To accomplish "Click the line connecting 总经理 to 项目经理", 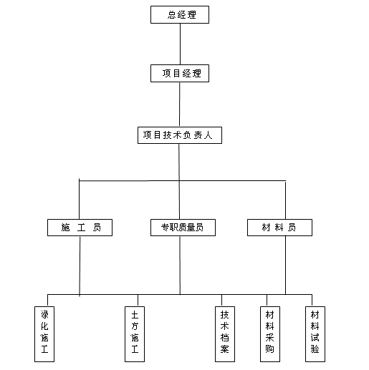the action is [180, 44].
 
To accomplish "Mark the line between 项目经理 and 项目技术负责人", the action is [180, 104].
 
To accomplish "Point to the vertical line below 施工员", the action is [80, 266].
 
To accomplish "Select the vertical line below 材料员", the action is [285, 265].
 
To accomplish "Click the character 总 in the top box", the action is [171, 15].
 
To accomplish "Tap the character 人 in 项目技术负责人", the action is [208, 135].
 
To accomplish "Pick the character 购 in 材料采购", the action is [270, 349].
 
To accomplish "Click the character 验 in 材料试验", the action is [315, 349].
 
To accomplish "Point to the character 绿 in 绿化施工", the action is [44, 315].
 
